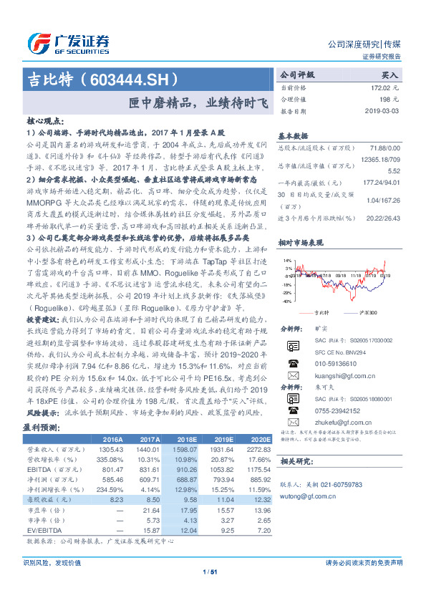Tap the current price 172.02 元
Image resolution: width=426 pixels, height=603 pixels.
point(384,87)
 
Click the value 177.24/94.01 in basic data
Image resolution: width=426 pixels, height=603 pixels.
point(380,183)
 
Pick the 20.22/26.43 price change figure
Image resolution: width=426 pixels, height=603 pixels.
point(382,218)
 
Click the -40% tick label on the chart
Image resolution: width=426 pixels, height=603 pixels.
point(286,301)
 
